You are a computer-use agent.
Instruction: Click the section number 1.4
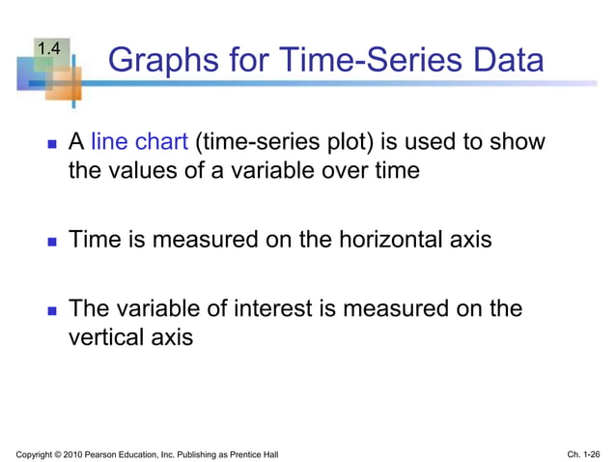click(x=50, y=46)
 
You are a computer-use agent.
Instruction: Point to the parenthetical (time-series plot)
click(x=286, y=143)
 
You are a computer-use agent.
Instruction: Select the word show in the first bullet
click(x=519, y=143)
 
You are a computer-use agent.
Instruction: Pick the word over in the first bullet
click(x=346, y=172)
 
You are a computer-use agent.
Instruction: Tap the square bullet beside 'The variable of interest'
click(x=51, y=310)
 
